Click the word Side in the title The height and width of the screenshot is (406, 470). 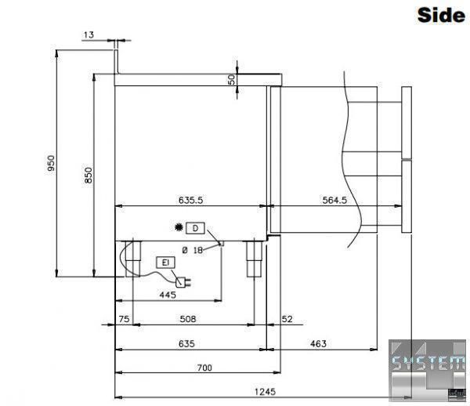(441, 15)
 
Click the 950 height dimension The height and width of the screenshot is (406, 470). (51, 163)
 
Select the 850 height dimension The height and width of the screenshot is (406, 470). (88, 175)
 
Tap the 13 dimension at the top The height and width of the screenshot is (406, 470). (89, 34)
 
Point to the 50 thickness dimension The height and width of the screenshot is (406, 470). (232, 79)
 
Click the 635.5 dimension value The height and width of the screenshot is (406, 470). (190, 200)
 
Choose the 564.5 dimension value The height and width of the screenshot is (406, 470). (334, 200)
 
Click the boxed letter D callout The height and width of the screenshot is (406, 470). (195, 228)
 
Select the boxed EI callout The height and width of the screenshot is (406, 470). (165, 263)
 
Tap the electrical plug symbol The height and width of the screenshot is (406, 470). (183, 282)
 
